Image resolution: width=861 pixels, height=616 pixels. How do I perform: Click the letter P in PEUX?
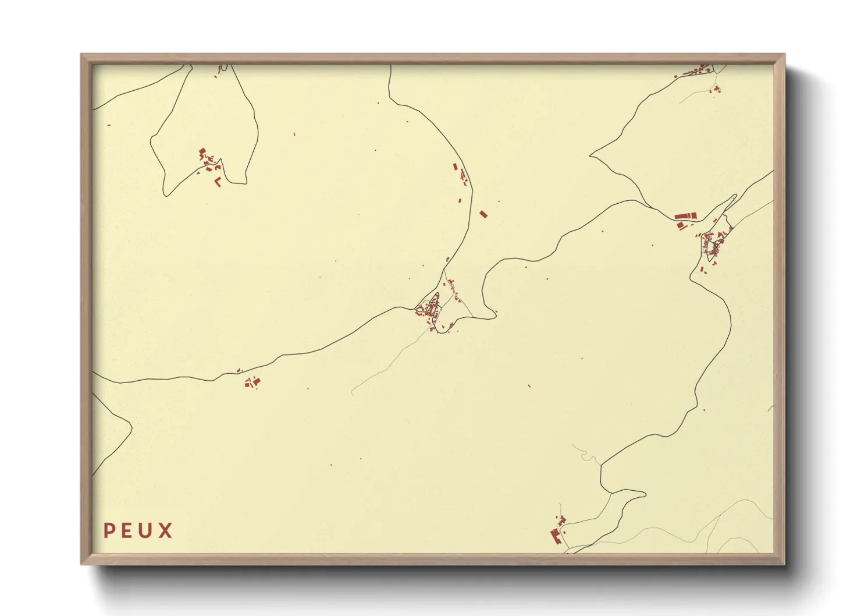pos(109,530)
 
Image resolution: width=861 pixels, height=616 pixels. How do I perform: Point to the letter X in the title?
pos(166,530)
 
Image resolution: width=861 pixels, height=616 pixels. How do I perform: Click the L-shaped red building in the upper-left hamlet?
pos(218,182)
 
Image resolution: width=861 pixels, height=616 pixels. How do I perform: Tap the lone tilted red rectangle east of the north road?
pos(483,214)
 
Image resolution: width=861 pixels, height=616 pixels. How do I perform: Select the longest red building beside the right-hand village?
pos(686,217)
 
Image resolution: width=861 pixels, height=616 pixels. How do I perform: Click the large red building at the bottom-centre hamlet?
pos(556,536)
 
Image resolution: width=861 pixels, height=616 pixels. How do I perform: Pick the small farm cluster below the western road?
pos(252,382)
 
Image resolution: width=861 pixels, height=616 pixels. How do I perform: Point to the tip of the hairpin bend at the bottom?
pos(645,495)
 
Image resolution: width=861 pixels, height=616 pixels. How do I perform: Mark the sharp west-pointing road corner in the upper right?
pos(590,155)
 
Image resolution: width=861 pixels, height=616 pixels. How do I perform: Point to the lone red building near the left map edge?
pos(109,125)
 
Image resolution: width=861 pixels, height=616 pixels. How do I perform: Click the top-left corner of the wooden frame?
pos(82,55)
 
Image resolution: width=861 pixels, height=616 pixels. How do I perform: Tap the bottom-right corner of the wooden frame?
pos(784,564)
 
